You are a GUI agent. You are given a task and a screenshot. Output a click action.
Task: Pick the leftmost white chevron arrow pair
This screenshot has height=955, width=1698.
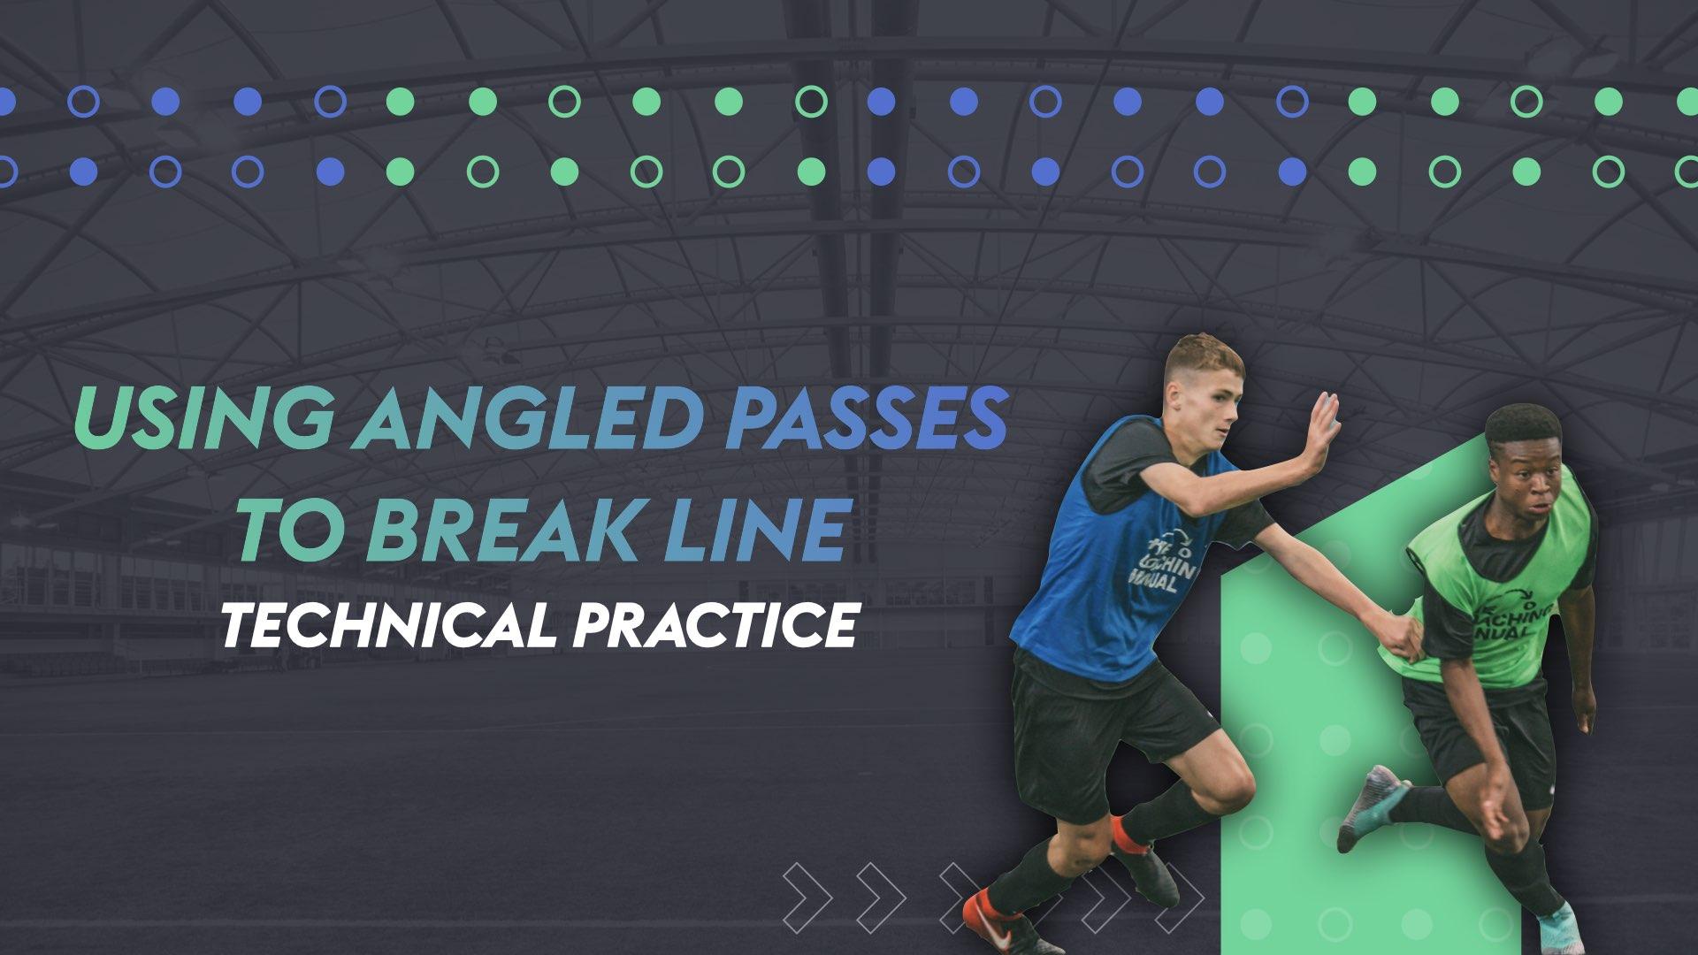807,893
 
